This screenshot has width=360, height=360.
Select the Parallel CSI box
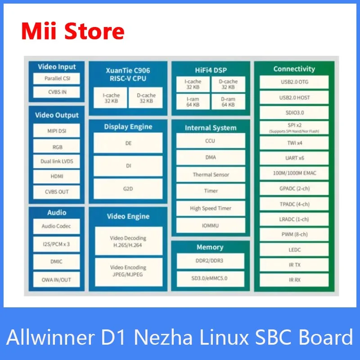tap(57, 78)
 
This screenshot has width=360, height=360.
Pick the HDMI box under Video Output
tap(57, 176)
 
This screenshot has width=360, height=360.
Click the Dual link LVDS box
tap(57, 161)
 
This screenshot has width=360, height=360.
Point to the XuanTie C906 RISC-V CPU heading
tap(128, 74)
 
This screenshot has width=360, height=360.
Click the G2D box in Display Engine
tap(128, 189)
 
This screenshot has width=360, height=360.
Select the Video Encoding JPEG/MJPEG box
tap(128, 270)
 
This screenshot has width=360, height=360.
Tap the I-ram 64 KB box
tap(193, 102)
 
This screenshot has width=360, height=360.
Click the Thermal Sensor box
tap(211, 175)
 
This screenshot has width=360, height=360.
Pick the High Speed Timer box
tap(211, 208)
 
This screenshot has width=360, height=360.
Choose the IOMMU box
tap(211, 225)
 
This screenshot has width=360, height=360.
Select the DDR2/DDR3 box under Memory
tap(211, 261)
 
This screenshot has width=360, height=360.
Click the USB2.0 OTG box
tap(294, 82)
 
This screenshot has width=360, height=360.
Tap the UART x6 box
tap(294, 158)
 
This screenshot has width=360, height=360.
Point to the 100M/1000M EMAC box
tap(294, 174)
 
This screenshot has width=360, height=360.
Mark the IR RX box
tap(294, 280)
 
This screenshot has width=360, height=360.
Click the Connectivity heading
tap(294, 69)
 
